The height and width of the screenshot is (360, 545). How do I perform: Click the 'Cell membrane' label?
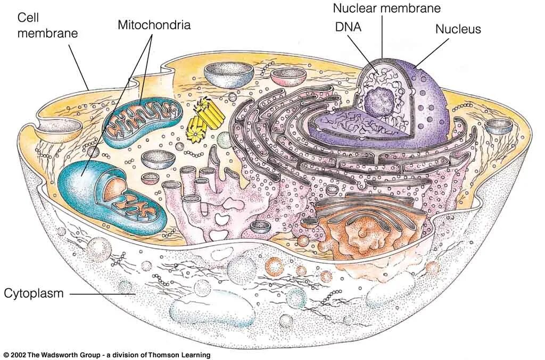tap(47, 25)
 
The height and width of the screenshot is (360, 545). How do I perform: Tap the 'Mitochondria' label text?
tap(154, 25)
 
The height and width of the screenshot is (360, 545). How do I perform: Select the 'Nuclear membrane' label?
tap(387, 8)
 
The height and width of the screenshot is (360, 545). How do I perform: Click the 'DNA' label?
tap(348, 27)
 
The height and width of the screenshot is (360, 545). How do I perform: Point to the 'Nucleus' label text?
tap(458, 29)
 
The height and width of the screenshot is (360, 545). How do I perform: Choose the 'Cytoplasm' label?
tap(34, 293)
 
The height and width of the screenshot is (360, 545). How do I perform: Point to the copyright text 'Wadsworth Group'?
tap(75, 355)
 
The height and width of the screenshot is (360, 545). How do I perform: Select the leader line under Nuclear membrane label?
tap(382, 37)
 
